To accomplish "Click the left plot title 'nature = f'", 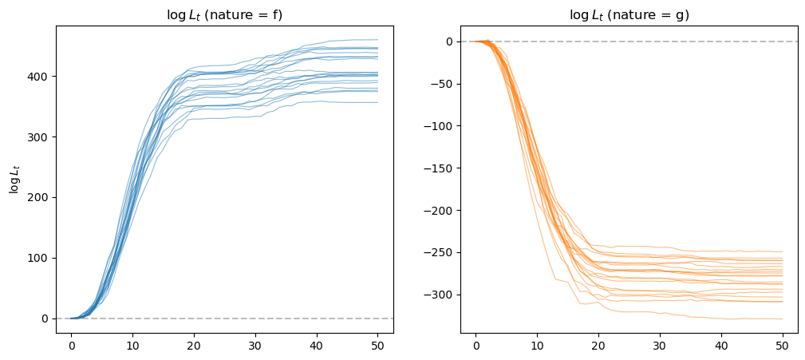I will pos(224,14).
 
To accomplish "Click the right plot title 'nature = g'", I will pos(629,14).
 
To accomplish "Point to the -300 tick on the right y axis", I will pos(440,295).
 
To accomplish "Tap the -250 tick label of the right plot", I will pos(440,253).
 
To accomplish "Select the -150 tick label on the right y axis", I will pos(440,168).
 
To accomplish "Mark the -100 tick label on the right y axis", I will pos(440,126).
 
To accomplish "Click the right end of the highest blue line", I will pos(377,40).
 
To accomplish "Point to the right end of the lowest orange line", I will pos(783,319).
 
